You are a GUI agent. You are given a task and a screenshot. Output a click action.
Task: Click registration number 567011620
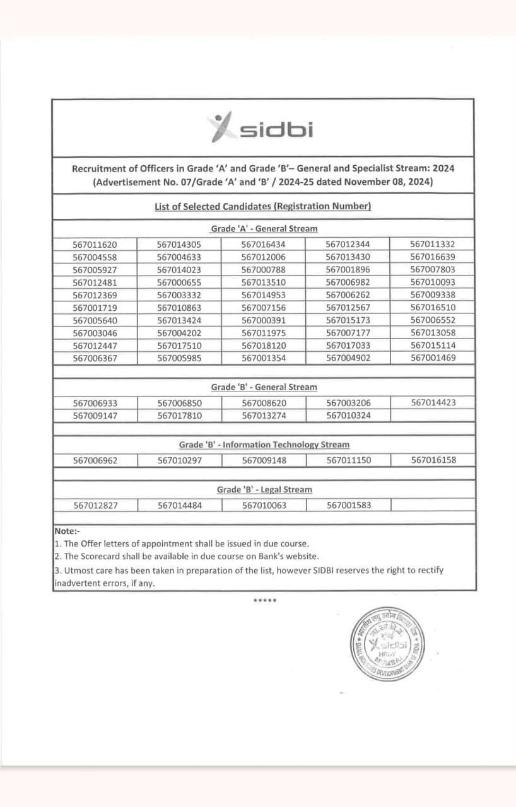[95, 245]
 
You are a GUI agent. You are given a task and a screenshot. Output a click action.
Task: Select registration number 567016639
[432, 257]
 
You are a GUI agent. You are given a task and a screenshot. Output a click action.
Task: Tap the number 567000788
[264, 270]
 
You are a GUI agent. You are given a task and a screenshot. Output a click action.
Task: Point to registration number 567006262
[348, 295]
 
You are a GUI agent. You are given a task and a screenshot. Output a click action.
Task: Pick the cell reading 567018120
[264, 345]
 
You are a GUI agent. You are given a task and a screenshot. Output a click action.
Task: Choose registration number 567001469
[432, 357]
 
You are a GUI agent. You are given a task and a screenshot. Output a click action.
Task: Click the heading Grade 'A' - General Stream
[264, 229]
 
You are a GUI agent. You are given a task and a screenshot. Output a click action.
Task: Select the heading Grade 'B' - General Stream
[264, 387]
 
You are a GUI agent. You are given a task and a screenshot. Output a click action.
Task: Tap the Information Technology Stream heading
[264, 444]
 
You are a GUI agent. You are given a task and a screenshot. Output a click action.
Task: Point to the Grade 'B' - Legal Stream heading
[264, 490]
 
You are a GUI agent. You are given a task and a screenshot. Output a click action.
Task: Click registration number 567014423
[433, 402]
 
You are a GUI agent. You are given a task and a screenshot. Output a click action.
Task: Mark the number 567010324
[348, 415]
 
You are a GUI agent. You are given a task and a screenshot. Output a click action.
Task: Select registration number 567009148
[264, 460]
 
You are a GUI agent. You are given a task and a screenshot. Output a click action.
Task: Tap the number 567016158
[433, 460]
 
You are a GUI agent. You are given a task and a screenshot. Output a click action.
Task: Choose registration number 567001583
[348, 505]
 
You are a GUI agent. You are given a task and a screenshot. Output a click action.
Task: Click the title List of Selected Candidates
[262, 206]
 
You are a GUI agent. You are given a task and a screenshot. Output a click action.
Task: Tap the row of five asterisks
[264, 600]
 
